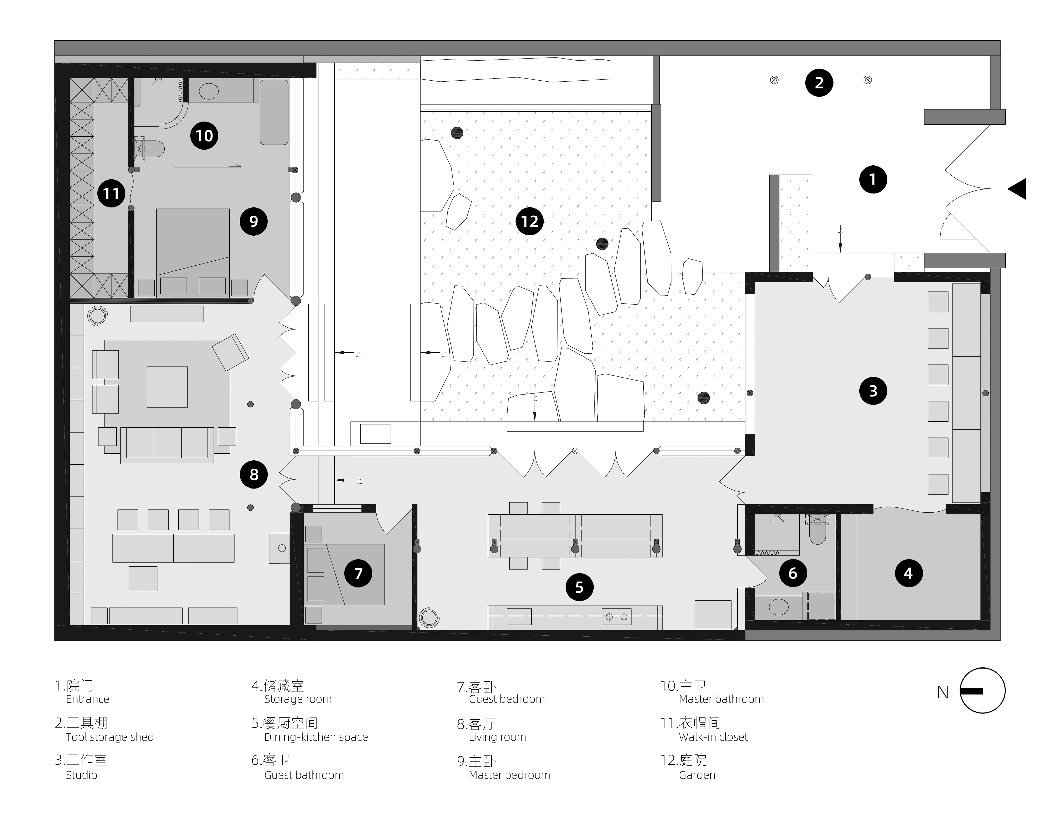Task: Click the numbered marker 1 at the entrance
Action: tap(873, 179)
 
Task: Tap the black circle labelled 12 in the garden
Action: tap(529, 222)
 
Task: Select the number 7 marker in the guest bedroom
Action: tap(358, 573)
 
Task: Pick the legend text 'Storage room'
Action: tap(298, 699)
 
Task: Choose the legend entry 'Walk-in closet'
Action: tap(713, 737)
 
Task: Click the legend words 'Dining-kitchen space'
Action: tap(316, 737)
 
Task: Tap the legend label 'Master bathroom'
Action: tap(722, 699)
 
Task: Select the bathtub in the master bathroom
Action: tap(274, 112)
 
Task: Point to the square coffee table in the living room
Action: tap(167, 387)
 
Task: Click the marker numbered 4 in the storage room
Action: tap(908, 573)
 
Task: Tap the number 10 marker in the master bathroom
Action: tap(204, 135)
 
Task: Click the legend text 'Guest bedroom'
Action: tap(507, 699)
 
